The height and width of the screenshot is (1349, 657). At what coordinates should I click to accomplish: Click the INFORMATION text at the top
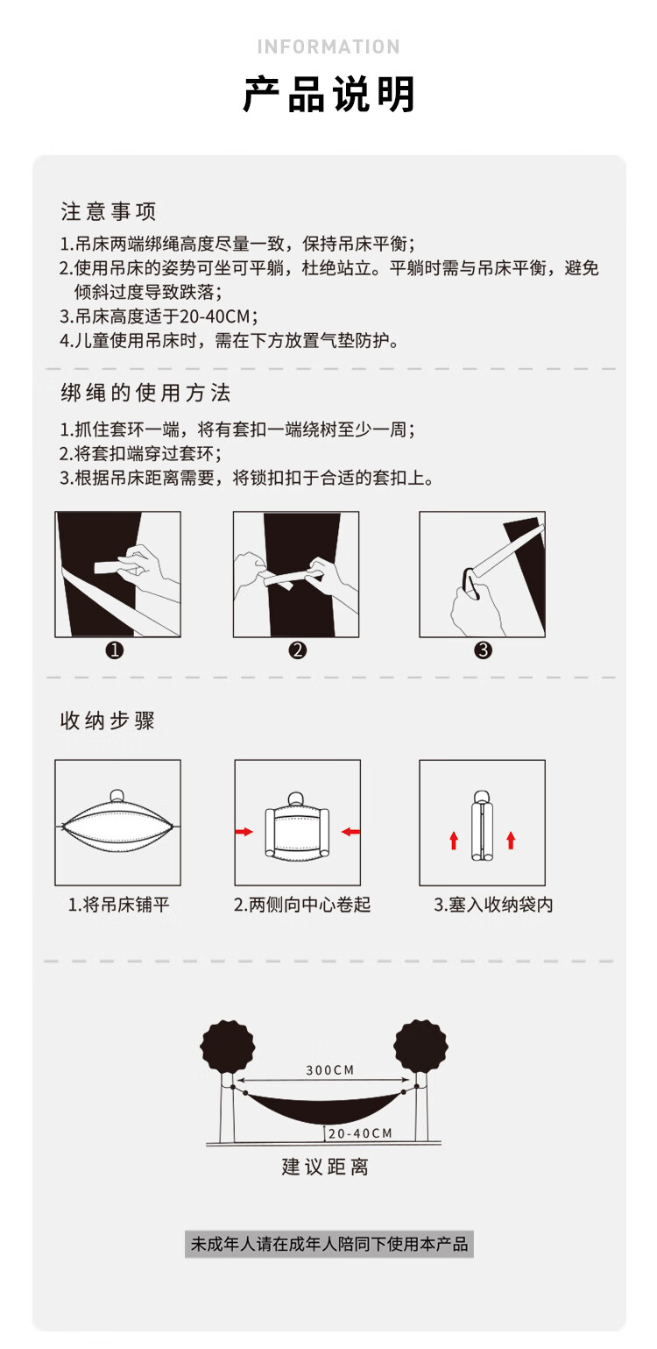328,47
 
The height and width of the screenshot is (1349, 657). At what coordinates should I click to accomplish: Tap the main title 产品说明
328,95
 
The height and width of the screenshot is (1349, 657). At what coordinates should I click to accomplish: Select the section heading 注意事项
109,211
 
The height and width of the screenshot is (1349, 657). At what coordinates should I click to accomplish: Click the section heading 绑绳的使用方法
145,393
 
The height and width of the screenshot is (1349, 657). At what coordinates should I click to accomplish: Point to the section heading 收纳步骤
107,721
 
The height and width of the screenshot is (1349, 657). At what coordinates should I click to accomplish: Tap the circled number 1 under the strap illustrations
114,650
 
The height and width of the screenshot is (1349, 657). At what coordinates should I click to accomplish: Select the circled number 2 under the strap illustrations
298,650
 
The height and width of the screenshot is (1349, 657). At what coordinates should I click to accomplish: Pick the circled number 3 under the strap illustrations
484,650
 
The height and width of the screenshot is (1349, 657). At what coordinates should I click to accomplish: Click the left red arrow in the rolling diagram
244,832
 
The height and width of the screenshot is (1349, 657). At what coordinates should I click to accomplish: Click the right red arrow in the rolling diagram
350,832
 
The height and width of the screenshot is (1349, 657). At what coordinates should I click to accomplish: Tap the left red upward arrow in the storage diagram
455,840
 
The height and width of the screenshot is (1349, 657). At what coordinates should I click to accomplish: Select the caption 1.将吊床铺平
118,905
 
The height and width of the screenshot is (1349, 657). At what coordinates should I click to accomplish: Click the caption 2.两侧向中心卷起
302,905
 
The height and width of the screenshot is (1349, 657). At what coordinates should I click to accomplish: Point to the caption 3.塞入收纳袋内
493,905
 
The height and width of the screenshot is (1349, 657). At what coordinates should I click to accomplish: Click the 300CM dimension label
330,1070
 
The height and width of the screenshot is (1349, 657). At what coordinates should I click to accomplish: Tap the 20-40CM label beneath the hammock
360,1133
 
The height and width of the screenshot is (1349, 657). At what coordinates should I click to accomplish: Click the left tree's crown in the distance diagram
228,1046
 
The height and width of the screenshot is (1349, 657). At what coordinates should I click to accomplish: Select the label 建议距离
325,1168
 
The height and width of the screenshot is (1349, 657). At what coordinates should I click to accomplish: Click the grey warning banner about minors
329,1244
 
